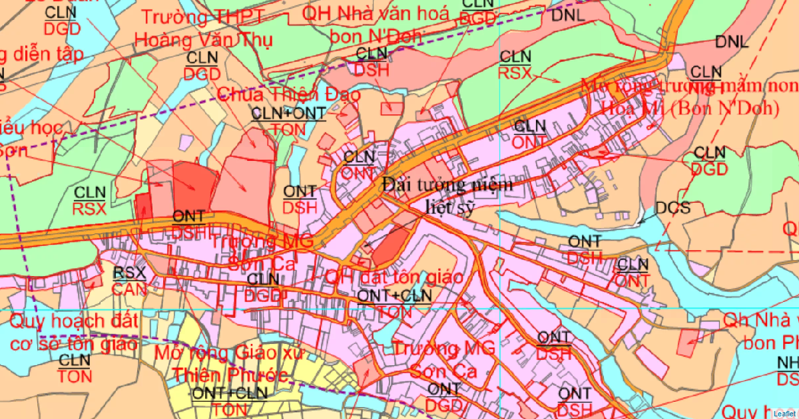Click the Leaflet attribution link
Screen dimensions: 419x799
pyautogui.click(x=785, y=413)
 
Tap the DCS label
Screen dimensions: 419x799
pyautogui.click(x=672, y=208)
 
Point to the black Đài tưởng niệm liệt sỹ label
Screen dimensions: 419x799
pyautogui.click(x=447, y=196)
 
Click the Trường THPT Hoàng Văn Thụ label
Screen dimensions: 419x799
pyautogui.click(x=203, y=28)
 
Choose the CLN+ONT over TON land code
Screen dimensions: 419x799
pyautogui.click(x=288, y=121)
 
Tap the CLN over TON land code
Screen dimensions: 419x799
pyautogui.click(x=75, y=368)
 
